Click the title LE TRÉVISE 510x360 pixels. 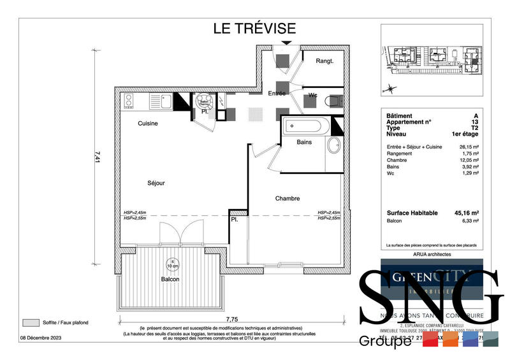coord(254,28)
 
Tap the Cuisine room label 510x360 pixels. coord(147,124)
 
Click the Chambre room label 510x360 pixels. coord(288,198)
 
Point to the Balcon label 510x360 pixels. coord(170,279)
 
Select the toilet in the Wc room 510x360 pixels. coord(332,100)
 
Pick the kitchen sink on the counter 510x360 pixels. coord(164,101)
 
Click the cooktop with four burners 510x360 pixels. coord(128,100)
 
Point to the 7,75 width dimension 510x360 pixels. coord(231,319)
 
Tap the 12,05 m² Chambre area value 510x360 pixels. coord(469,159)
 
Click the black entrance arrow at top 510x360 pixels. coord(287,43)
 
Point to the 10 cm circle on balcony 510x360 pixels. coord(170,263)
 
